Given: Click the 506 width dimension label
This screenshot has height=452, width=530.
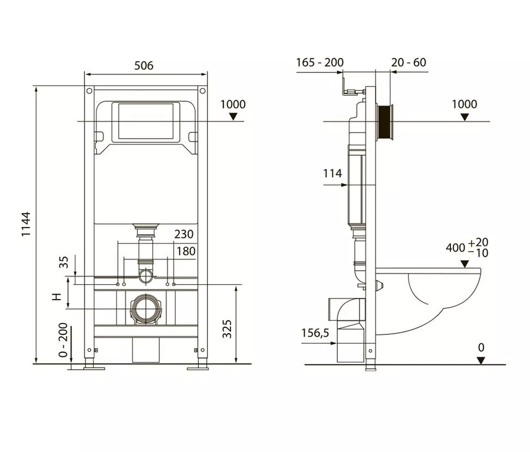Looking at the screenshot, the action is click(x=144, y=65).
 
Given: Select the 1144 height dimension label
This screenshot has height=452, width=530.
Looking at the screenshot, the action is click(x=26, y=224).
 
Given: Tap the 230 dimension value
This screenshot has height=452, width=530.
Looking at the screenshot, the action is click(x=184, y=234).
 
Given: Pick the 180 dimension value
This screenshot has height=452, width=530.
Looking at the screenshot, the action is click(x=186, y=251).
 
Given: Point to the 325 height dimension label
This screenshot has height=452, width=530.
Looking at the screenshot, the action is click(x=228, y=329).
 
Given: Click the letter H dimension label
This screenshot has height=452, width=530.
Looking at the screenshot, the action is click(x=57, y=297).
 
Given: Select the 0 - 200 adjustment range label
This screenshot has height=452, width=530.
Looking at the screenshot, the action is click(x=63, y=340).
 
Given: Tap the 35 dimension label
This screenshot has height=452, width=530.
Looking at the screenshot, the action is click(x=64, y=262).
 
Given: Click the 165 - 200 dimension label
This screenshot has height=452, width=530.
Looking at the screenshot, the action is click(x=320, y=63).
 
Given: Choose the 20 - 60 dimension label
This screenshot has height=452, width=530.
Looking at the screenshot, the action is click(x=409, y=63).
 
